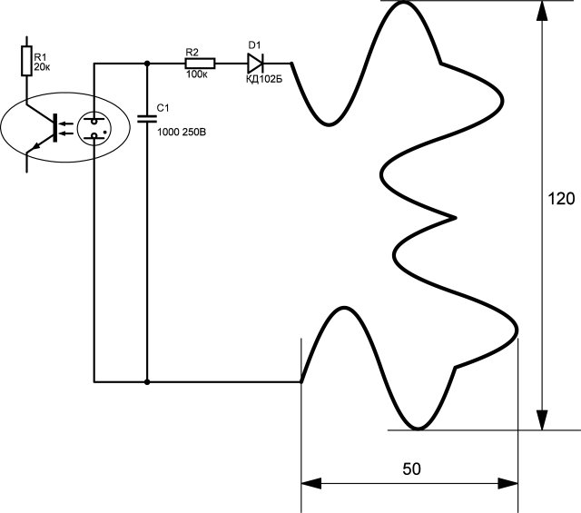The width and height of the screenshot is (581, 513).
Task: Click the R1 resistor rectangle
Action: click(26, 61)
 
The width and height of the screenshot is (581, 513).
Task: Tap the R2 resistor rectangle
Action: click(200, 64)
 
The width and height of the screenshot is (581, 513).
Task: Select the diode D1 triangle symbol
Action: click(255, 64)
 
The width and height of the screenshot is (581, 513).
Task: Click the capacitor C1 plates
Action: click(147, 119)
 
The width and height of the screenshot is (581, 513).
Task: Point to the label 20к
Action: click(42, 67)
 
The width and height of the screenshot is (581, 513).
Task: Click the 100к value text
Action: click(197, 74)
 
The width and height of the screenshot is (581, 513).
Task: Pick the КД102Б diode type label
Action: click(264, 79)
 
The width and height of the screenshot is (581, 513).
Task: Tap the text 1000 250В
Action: click(182, 132)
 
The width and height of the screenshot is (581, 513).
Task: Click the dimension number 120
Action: click(561, 199)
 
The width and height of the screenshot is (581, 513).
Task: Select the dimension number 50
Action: click(411, 469)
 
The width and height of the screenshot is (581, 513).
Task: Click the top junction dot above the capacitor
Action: click(147, 64)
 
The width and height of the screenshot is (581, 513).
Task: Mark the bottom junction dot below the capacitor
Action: click(147, 381)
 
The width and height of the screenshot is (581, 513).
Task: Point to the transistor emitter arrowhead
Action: click(34, 147)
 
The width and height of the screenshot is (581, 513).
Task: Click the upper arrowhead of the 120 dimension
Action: click(542, 10)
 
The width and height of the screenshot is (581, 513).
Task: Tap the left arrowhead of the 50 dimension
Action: click(311, 483)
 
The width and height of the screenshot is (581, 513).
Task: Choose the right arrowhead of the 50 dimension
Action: click(507, 483)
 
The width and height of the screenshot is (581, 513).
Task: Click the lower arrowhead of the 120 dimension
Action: click(542, 420)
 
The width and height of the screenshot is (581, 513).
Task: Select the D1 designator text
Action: click(254, 45)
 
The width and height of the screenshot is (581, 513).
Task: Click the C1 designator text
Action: click(163, 108)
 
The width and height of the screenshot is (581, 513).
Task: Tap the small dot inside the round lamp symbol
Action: click(105, 132)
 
